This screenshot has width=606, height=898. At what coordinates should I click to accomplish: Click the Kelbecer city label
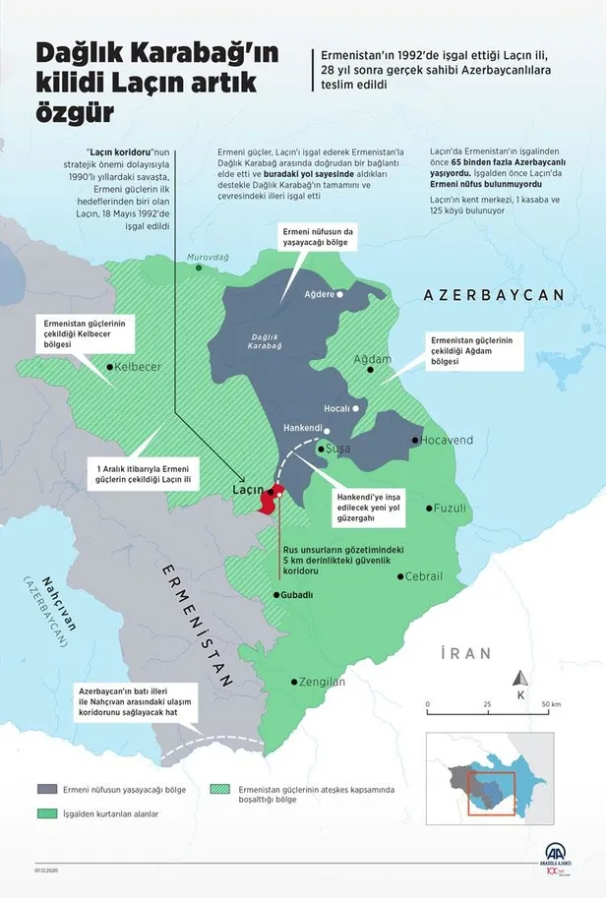point(139,367)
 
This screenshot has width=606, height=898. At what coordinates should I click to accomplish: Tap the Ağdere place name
point(318,294)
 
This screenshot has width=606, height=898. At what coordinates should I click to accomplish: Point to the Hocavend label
point(448,440)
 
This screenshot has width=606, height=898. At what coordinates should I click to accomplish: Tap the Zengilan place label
point(324,682)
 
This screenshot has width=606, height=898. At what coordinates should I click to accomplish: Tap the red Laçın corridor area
point(269,499)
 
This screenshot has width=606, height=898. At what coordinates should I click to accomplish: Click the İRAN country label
point(464,652)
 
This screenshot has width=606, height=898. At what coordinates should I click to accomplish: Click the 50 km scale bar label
point(550,704)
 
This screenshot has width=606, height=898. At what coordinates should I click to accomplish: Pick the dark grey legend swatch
point(47,789)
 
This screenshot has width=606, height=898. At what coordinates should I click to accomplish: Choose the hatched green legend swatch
point(225,789)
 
